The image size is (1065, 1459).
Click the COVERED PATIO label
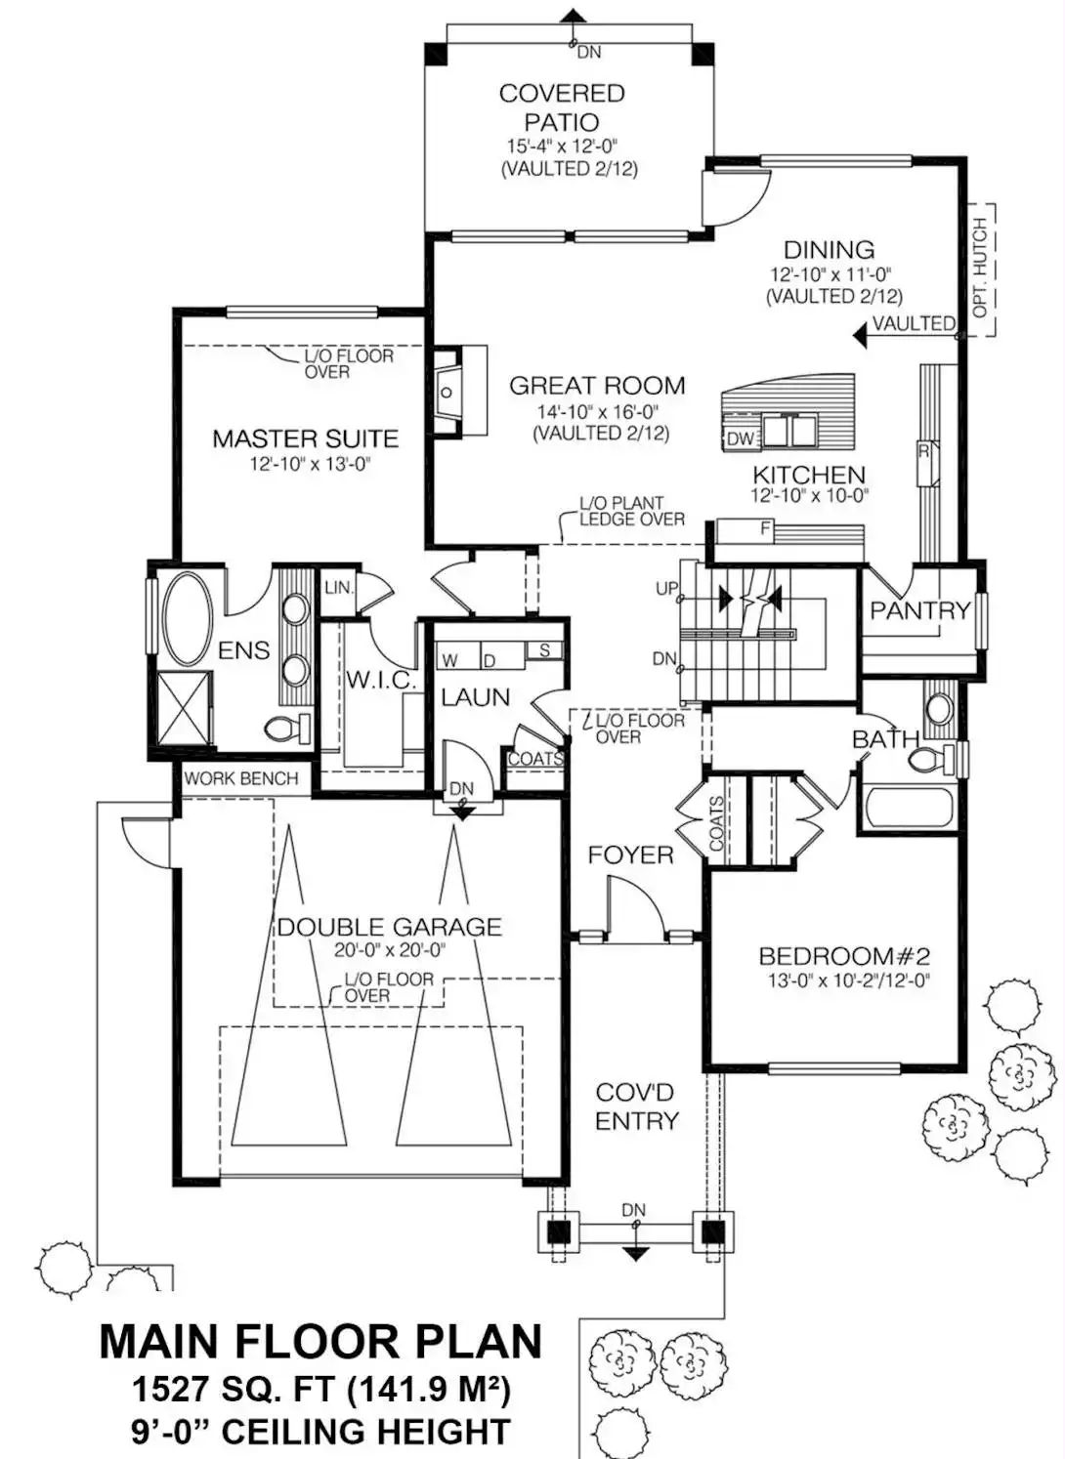click(x=562, y=107)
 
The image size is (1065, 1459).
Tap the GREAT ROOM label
click(x=597, y=386)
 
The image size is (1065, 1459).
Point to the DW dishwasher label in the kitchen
click(x=740, y=439)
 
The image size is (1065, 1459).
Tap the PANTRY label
click(x=920, y=610)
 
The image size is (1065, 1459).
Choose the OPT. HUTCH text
click(x=979, y=268)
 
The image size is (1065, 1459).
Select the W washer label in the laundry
click(x=449, y=660)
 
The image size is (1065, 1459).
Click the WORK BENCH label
click(x=241, y=778)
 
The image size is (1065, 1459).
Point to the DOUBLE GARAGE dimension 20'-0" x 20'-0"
click(x=390, y=950)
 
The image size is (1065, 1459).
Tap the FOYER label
click(x=630, y=855)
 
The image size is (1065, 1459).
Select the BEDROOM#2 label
click(x=844, y=956)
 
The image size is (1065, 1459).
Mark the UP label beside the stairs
click(x=666, y=589)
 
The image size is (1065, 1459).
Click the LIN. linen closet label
click(x=339, y=588)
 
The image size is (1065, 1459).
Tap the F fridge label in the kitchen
click(x=766, y=529)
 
